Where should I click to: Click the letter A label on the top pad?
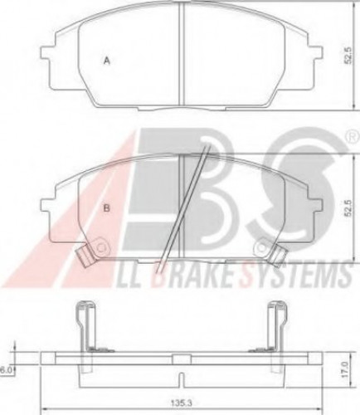tap(106, 60)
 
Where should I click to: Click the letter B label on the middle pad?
tap(106, 208)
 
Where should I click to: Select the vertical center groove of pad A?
tap(182, 54)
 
